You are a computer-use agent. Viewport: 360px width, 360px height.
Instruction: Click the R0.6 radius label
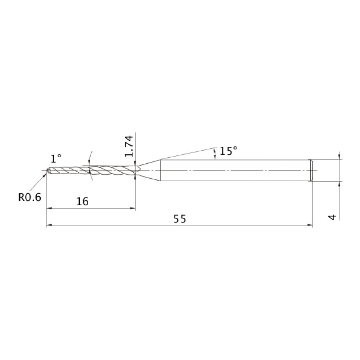pyautogui.click(x=30, y=197)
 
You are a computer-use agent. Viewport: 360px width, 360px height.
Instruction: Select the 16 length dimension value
pyautogui.click(x=82, y=201)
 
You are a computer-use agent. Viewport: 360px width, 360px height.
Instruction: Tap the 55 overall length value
pyautogui.click(x=180, y=219)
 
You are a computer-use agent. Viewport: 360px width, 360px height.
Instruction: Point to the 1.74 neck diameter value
pyautogui.click(x=129, y=146)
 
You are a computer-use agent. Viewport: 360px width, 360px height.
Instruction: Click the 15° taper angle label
pyautogui.click(x=228, y=151)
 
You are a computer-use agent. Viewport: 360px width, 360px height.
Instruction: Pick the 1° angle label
pyautogui.click(x=56, y=159)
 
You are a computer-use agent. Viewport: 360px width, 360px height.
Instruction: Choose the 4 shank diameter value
pyautogui.click(x=332, y=217)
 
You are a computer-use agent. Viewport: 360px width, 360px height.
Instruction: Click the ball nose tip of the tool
pyautogui.click(x=48, y=170)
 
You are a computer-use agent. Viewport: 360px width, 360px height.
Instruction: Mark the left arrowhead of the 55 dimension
pyautogui.click(x=49, y=225)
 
